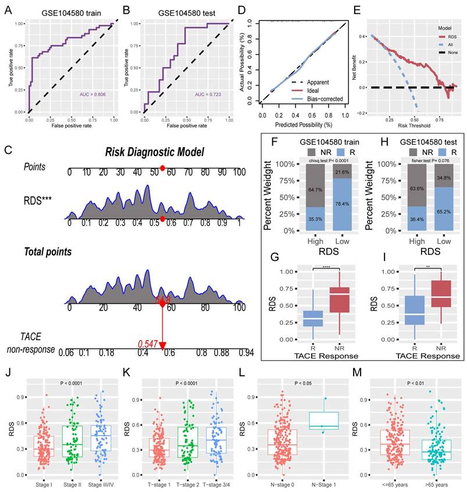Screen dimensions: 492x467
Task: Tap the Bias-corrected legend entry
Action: coord(324,99)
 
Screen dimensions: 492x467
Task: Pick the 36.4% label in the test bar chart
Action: coord(412,219)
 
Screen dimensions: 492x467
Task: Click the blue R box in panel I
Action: coord(414,311)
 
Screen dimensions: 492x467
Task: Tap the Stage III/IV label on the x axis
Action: coord(102,483)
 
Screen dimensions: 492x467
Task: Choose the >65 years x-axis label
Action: coord(432,483)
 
